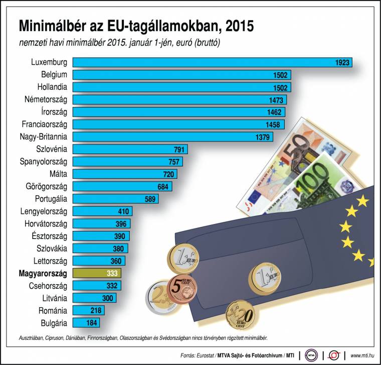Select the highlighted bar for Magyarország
pos(97,273)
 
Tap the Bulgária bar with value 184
pos(86,322)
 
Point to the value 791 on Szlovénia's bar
pos(178,149)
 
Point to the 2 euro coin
pos(159,298)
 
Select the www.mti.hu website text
pos(363,355)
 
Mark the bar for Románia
pos(88,310)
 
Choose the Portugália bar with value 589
pos(115,198)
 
